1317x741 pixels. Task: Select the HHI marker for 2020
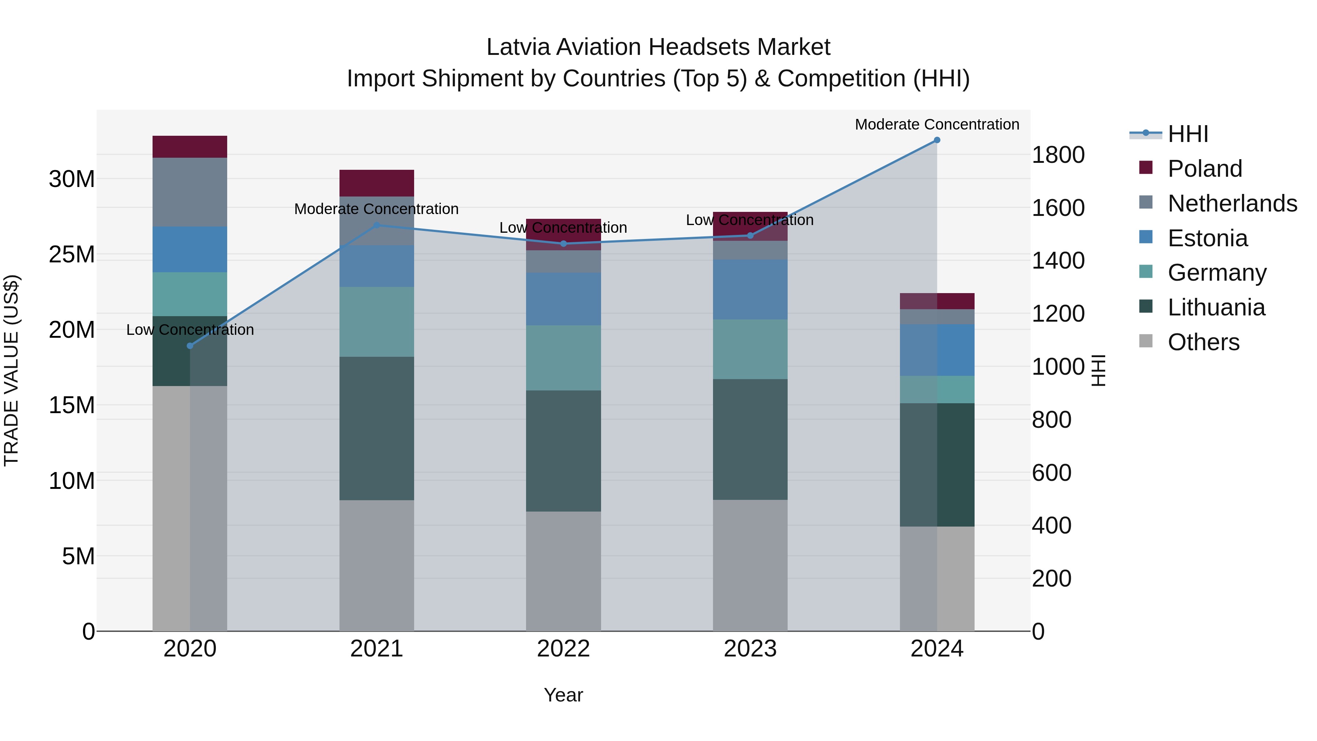(190, 346)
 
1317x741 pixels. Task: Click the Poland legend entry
(1205, 169)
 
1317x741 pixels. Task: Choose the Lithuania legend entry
(1216, 308)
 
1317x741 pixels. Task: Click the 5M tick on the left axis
(78, 556)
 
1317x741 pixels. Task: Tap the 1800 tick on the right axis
(1058, 155)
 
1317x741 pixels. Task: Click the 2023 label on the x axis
(750, 649)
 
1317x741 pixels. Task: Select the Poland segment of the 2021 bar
(377, 183)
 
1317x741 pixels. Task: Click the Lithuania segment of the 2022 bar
(563, 451)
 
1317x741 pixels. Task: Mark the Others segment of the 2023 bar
(750, 565)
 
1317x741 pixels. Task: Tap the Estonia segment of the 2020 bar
(190, 249)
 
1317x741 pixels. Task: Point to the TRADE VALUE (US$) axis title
(12, 370)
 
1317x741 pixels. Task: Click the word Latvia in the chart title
(518, 47)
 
